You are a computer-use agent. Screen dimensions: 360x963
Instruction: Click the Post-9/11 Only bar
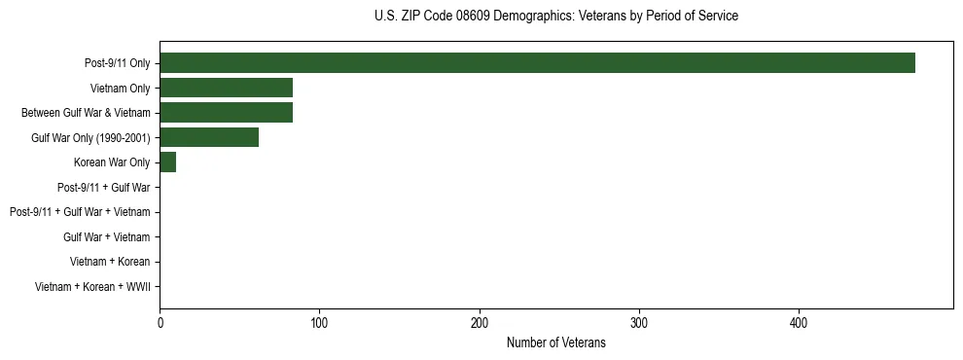[537, 63]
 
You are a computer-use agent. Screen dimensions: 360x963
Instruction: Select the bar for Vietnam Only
[226, 88]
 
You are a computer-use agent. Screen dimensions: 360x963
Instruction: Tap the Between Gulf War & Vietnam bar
[226, 113]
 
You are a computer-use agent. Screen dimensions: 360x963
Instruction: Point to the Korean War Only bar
[167, 162]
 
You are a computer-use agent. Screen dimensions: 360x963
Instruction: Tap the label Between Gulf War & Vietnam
[86, 113]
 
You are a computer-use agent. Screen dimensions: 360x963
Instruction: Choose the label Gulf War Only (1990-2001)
[90, 137]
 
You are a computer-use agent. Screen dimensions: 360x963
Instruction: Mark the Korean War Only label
[112, 162]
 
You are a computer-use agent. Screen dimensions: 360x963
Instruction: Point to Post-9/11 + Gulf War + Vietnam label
[80, 212]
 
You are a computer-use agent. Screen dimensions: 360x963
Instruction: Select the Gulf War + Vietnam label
[107, 236]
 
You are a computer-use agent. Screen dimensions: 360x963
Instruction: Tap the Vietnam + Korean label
[110, 262]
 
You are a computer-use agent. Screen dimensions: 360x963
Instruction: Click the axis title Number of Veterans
[555, 342]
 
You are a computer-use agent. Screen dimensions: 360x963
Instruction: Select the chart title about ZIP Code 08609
[555, 17]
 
